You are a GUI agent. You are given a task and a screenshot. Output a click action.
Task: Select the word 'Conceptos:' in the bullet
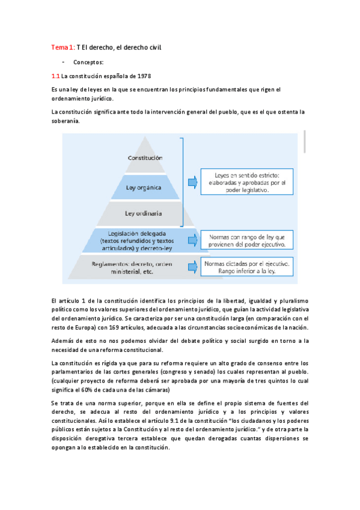[88, 62]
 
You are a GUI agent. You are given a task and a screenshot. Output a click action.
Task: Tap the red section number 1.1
[55, 76]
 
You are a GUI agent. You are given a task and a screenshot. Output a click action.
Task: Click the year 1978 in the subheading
[142, 76]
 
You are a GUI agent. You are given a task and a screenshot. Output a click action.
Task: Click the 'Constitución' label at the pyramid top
[145, 158]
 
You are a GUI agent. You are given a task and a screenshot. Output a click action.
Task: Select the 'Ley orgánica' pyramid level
[143, 187]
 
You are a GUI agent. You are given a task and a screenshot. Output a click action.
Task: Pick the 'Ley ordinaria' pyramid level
[143, 213]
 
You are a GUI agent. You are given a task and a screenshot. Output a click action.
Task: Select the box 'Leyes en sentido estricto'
[246, 180]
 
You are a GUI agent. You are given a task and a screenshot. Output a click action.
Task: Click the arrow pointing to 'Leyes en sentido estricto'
[191, 181]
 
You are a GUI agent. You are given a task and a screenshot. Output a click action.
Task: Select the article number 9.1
[181, 422]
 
